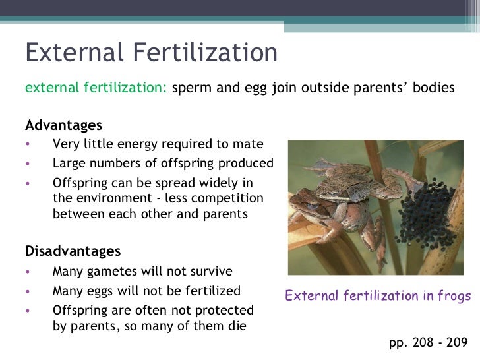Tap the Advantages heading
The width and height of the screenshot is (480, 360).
click(x=63, y=125)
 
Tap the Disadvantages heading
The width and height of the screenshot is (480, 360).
click(x=73, y=251)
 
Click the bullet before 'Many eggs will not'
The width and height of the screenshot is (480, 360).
click(x=28, y=291)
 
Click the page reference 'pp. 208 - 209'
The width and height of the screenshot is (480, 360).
click(x=429, y=343)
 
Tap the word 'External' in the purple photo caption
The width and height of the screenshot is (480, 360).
click(x=309, y=296)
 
